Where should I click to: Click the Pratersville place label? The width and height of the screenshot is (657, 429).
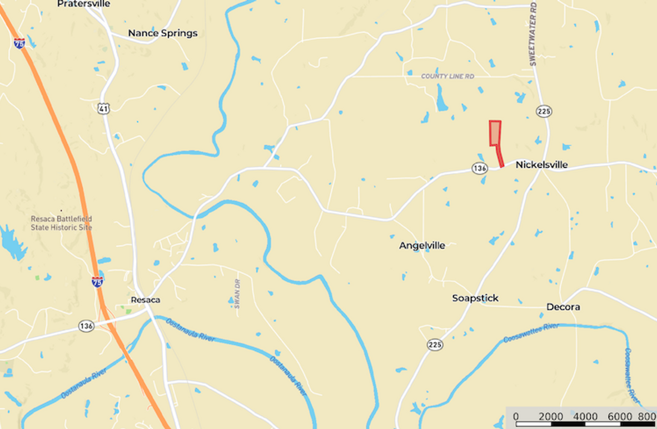[x=83, y=4]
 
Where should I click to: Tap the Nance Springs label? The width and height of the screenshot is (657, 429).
[x=162, y=33]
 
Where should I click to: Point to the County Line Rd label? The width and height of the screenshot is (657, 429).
[x=447, y=76]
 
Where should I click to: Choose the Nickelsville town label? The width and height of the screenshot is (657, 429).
[x=541, y=165]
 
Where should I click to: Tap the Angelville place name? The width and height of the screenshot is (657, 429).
[x=422, y=246]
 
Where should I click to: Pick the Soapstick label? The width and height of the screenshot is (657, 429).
[x=475, y=298]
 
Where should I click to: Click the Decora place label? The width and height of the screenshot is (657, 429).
[x=563, y=307]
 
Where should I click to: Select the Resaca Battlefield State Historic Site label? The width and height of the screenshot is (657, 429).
[x=61, y=223]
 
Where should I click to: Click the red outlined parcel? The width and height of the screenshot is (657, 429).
[x=495, y=133]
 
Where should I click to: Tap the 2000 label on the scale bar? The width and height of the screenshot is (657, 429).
[x=551, y=417]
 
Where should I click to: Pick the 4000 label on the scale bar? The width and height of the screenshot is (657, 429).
[x=585, y=417]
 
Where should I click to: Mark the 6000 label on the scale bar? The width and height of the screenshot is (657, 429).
[x=620, y=417]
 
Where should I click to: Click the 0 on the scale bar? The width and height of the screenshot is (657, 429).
[x=516, y=417]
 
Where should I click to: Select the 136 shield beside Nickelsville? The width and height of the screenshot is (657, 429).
[x=480, y=168]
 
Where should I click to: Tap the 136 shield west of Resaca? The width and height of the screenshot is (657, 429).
[x=86, y=326]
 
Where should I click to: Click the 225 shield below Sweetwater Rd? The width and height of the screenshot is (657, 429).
[x=544, y=111]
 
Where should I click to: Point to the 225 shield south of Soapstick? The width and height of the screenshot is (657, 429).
[x=435, y=345]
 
